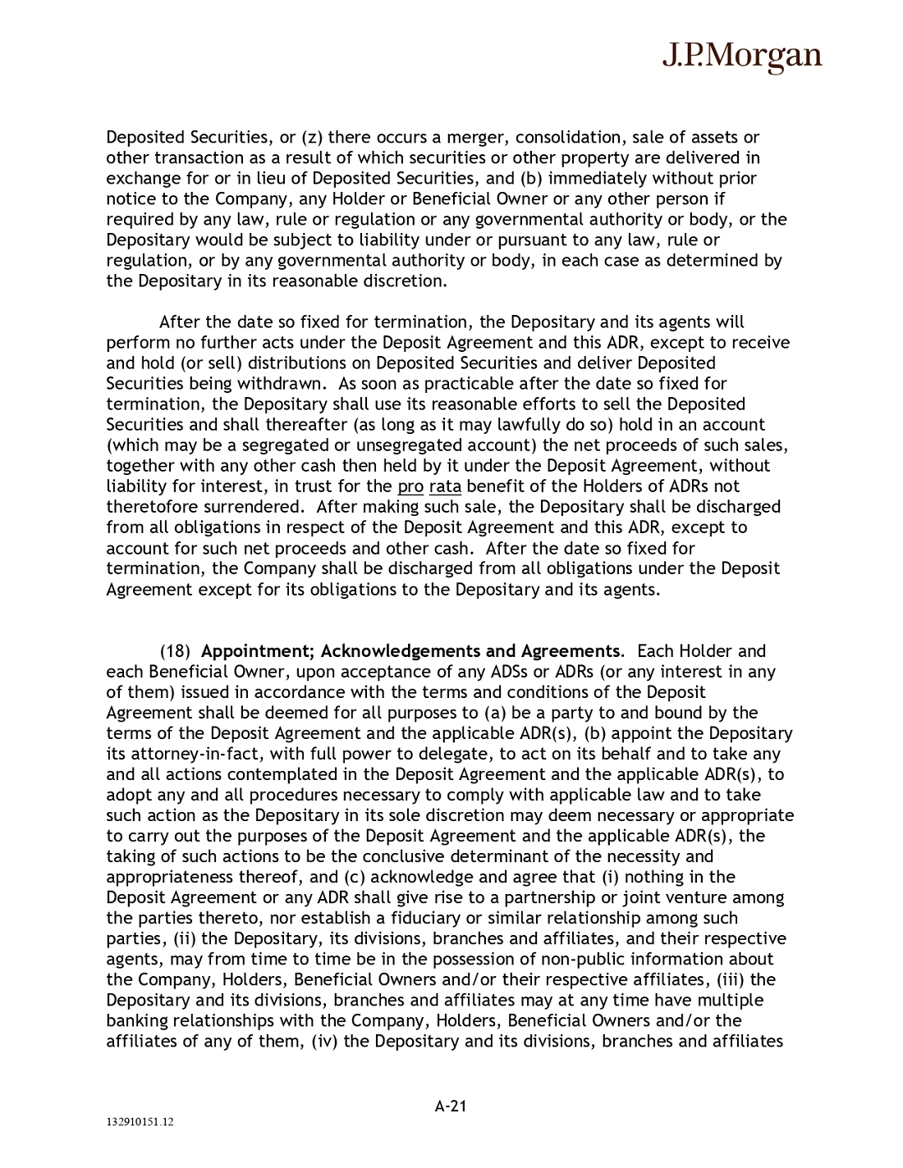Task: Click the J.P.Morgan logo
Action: coord(741,56)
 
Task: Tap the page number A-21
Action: coord(451,1106)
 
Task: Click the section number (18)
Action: coord(175,651)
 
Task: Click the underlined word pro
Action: coord(410,486)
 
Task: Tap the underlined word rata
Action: coord(445,486)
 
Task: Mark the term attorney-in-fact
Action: coord(185,754)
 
